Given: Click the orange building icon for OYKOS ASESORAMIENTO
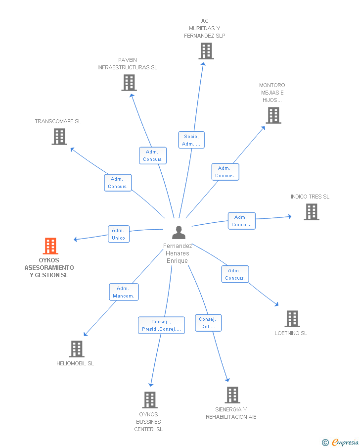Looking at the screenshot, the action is tap(50, 246).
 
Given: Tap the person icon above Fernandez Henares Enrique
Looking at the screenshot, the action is tap(179, 232).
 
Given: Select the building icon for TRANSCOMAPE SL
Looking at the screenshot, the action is tap(59, 137).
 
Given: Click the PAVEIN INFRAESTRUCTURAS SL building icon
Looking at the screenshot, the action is tap(129, 83).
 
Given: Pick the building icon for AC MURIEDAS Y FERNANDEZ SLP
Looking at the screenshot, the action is tap(206, 51).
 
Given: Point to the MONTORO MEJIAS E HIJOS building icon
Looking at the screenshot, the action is tap(273, 115).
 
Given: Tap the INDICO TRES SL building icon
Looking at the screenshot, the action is tap(312, 212).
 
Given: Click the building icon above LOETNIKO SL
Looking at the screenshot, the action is tap(292, 319).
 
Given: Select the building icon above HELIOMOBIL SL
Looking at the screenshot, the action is tap(77, 349).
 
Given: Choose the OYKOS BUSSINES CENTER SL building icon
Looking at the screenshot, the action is tap(150, 400).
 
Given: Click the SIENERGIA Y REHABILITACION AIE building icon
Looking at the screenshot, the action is tap(232, 395).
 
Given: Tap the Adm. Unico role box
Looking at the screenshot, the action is tap(119, 234).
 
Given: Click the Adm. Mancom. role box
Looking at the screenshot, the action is tap(124, 292).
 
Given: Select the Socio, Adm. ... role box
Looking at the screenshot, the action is tap(191, 140).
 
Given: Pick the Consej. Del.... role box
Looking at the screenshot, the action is tap(208, 323).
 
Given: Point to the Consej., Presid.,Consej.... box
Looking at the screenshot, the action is tap(162, 325).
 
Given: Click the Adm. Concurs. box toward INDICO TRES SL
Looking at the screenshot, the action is tap(242, 221).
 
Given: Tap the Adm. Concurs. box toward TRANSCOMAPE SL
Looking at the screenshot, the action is tap(118, 183).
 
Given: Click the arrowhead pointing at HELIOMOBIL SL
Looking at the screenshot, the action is tap(86, 334).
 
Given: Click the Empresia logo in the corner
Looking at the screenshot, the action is tap(340, 442).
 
